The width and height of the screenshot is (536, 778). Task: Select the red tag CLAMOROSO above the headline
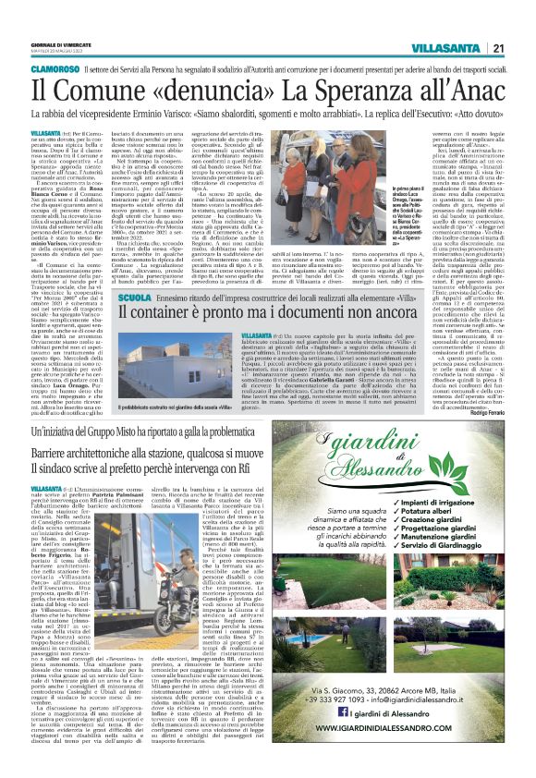tap(57, 69)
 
